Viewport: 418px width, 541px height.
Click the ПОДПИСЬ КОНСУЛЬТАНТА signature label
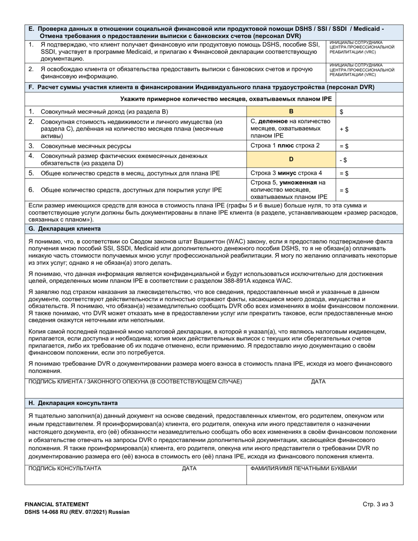pyautogui.click(x=65, y=468)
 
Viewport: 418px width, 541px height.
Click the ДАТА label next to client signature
pyautogui.click(x=318, y=381)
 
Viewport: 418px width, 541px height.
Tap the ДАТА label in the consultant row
pyautogui.click(x=189, y=468)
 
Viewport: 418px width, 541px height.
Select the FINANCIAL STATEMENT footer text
pyautogui.click(x=57, y=504)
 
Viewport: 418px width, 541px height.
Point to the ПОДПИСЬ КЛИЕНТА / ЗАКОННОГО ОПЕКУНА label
pyautogui.click(x=135, y=381)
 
